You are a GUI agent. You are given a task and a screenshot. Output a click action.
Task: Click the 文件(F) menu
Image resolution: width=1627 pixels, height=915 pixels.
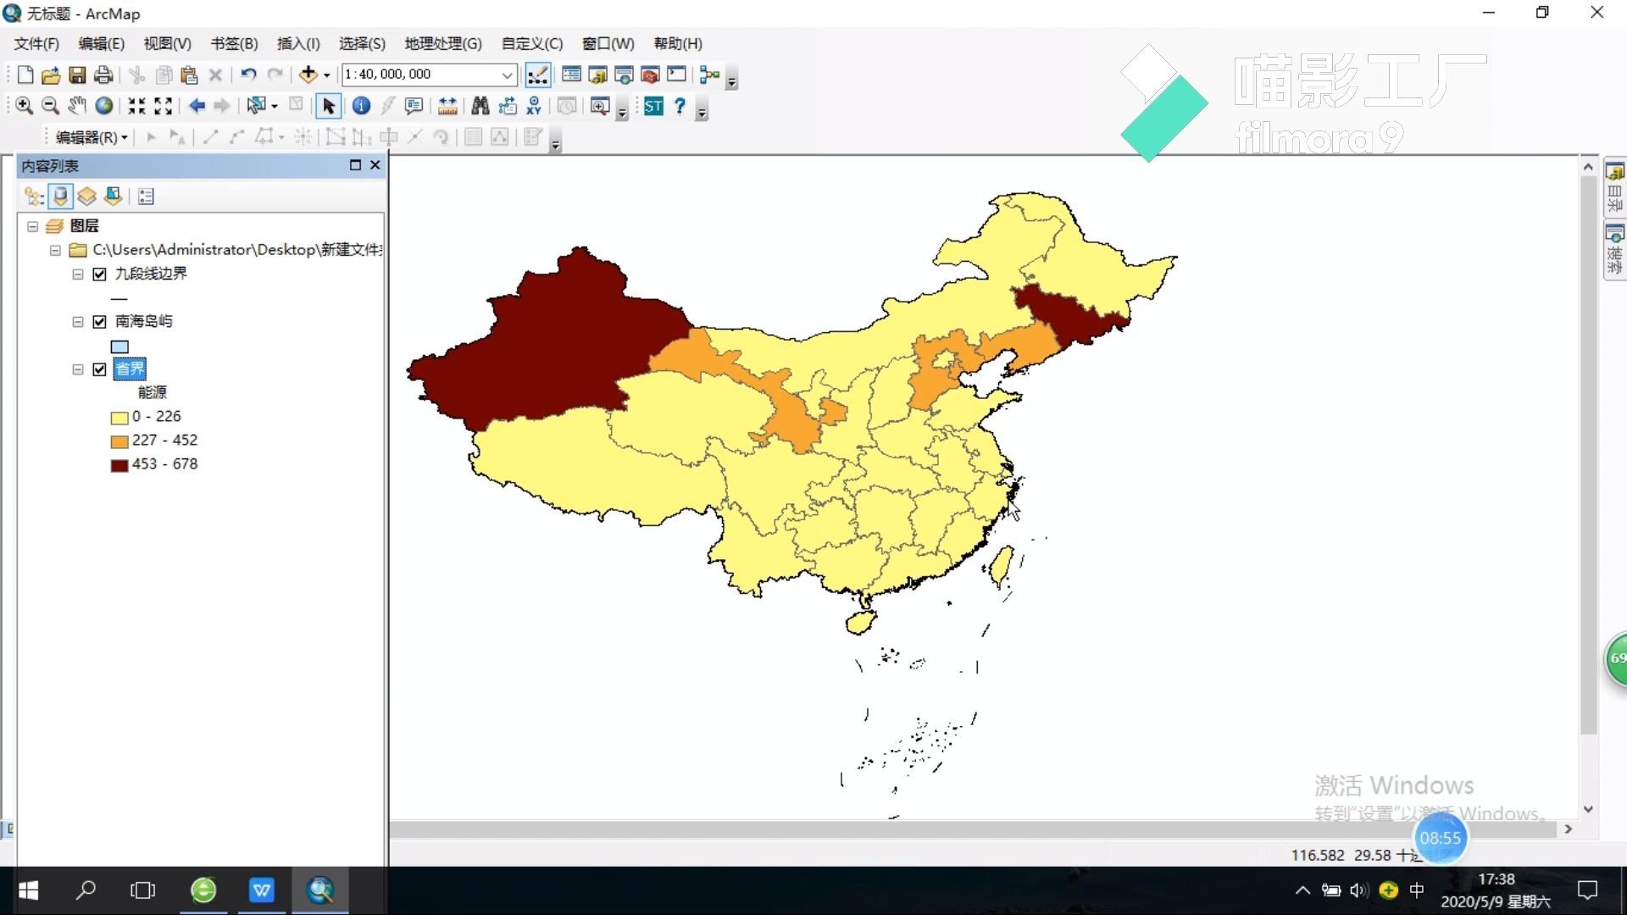tap(36, 44)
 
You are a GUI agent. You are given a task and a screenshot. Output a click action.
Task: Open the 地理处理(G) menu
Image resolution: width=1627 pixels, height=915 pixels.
tap(442, 44)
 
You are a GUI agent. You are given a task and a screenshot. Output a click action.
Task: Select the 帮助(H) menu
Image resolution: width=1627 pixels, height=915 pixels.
tap(677, 44)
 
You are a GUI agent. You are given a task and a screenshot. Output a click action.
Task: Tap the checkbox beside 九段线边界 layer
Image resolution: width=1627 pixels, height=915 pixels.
tap(100, 274)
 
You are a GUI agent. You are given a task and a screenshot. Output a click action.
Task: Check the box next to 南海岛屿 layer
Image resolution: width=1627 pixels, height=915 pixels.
tap(100, 322)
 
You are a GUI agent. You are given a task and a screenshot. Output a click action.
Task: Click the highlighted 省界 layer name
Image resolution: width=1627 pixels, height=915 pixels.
tap(130, 369)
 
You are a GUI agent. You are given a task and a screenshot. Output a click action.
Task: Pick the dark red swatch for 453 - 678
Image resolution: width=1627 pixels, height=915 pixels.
tap(119, 465)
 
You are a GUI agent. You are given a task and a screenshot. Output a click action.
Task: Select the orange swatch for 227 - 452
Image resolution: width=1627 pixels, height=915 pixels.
tap(119, 441)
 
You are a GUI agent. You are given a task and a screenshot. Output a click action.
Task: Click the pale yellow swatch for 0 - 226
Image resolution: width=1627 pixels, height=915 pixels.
tap(119, 418)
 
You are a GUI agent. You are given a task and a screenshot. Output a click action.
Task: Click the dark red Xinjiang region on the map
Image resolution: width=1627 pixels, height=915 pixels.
tap(542, 339)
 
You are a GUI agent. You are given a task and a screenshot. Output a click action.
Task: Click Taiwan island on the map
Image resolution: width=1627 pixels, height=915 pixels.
tap(1002, 566)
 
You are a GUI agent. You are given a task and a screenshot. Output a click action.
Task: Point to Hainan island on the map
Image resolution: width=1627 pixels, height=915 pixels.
tap(860, 623)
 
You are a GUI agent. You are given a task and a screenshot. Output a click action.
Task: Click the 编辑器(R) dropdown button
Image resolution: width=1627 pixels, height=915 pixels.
tap(92, 137)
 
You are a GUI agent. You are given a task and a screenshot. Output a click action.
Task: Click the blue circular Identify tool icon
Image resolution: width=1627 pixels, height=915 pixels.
tap(361, 106)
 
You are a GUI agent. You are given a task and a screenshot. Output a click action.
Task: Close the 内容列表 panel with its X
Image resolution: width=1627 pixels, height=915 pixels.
tap(375, 165)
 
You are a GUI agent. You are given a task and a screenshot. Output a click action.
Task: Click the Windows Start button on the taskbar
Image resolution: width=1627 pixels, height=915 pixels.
tap(28, 890)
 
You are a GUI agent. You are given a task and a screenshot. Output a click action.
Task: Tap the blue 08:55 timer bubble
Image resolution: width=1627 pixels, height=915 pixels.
tap(1441, 838)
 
